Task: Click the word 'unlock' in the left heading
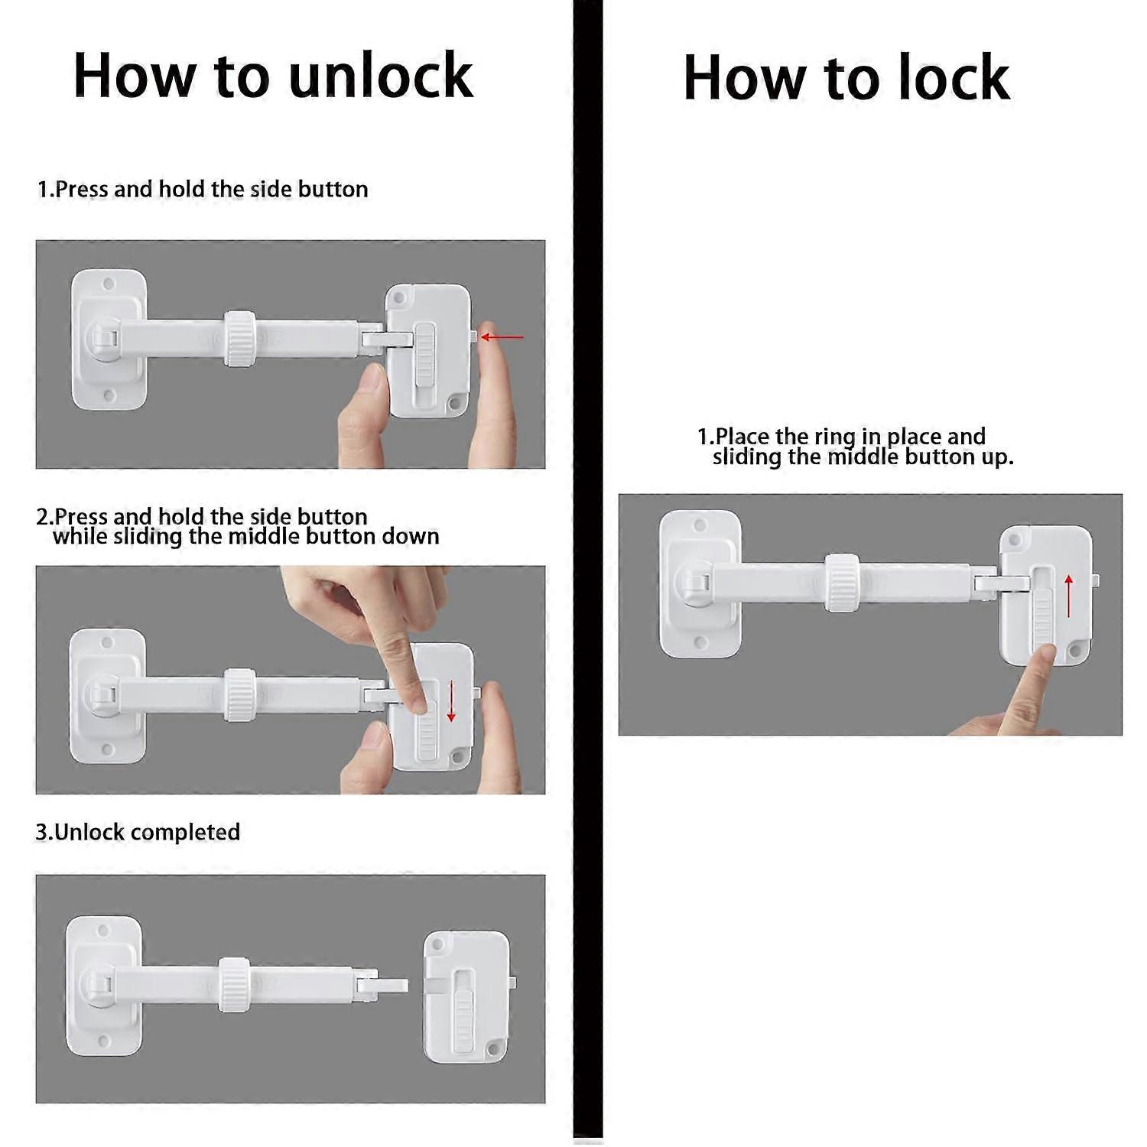(381, 76)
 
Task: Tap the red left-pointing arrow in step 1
(503, 336)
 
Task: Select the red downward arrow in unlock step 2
(451, 701)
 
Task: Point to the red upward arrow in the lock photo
(1068, 596)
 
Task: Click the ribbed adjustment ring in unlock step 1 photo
(239, 339)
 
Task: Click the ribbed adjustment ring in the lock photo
(840, 583)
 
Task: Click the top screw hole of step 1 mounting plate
(109, 284)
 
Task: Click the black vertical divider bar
(587, 573)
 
